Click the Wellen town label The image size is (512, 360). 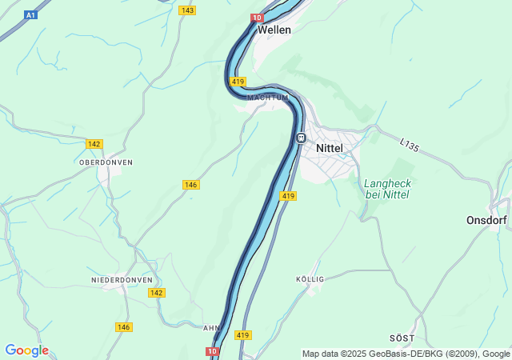click(x=274, y=30)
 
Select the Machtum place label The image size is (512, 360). click(x=268, y=98)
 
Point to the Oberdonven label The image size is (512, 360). click(x=106, y=162)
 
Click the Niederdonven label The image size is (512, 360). click(x=122, y=280)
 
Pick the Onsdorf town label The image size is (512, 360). click(x=488, y=220)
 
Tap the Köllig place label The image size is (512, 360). click(x=310, y=279)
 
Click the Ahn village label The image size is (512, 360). click(x=211, y=328)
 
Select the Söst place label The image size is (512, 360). click(x=402, y=339)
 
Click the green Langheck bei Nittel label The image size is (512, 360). click(x=386, y=189)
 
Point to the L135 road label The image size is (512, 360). click(x=409, y=146)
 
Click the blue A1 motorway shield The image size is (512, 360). click(x=30, y=15)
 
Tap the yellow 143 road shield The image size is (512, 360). click(x=187, y=10)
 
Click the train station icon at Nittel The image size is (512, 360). click(x=302, y=138)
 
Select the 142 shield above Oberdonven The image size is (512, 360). click(x=94, y=144)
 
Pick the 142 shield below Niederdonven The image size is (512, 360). click(x=157, y=293)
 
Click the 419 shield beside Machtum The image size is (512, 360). click(x=238, y=82)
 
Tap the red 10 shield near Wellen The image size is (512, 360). click(x=257, y=18)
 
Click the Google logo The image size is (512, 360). click(x=26, y=350)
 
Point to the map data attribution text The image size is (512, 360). click(x=406, y=354)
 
